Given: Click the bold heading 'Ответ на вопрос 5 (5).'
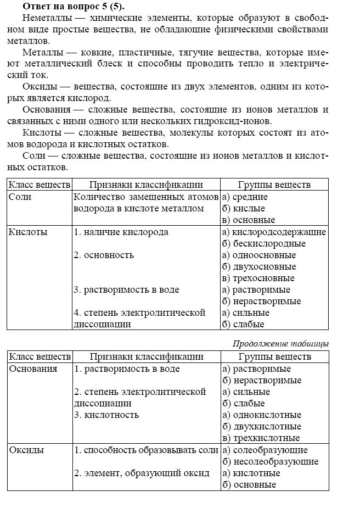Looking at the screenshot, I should tap(74, 7).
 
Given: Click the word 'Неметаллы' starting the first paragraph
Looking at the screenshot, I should tap(45, 18).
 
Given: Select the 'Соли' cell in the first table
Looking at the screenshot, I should tap(20, 197).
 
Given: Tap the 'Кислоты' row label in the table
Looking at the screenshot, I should tap(28, 232).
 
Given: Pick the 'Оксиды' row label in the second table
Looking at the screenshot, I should tap(26, 450).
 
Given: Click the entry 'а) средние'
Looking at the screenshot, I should tap(245, 197).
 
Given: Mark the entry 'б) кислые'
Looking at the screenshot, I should tap(244, 209).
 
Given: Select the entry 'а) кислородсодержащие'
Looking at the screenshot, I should tap(274, 232).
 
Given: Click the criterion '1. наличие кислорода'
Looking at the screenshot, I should tap(121, 232).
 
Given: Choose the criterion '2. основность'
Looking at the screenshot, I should tap(103, 255).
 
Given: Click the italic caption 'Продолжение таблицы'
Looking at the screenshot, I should tap(280, 344).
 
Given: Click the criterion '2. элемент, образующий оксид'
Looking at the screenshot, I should tap(142, 473).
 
